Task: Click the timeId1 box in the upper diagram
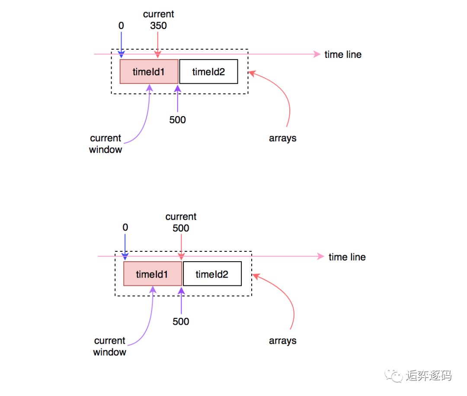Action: point(149,72)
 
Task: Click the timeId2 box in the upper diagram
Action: point(208,72)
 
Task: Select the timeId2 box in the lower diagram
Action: point(212,274)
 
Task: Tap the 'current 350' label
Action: point(158,20)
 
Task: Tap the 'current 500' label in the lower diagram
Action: point(181,222)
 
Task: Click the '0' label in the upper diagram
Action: point(121,26)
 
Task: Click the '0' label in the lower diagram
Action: point(125,228)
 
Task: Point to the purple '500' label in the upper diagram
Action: point(177,120)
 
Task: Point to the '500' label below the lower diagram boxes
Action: point(181,322)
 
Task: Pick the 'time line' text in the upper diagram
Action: point(343,54)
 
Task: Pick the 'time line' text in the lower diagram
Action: point(347,257)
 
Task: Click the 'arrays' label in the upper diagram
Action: point(282,139)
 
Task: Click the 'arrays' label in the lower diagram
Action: point(282,341)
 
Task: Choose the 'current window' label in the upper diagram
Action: point(106,144)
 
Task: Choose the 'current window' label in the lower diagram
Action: point(109,346)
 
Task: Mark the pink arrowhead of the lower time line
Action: point(321,257)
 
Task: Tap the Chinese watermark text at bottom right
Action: point(429,376)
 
